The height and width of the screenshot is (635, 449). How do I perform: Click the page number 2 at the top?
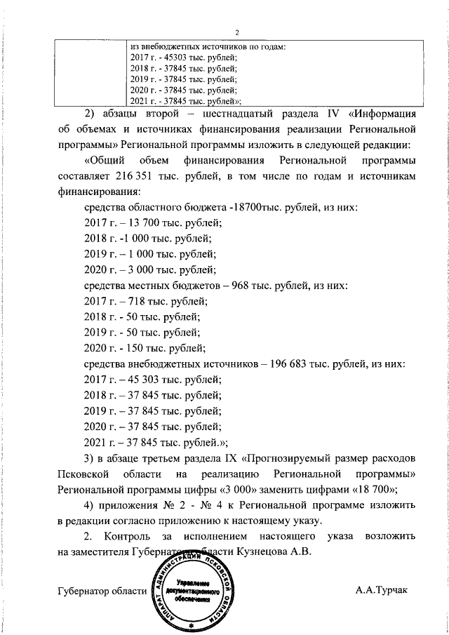236,32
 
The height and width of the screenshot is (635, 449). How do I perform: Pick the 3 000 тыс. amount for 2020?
136,270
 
